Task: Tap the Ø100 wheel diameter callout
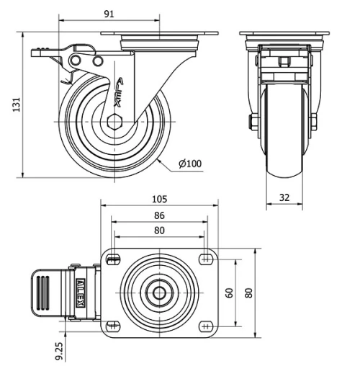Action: coord(190,164)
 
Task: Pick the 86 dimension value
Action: coord(159,215)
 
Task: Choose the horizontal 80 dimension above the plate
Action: coord(159,231)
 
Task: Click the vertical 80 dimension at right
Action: coord(249,293)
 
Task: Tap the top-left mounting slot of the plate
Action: coord(112,259)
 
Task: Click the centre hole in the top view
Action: coord(159,292)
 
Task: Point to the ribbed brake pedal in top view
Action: coord(45,292)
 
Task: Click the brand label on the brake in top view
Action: coord(81,292)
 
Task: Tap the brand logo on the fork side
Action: coord(120,92)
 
